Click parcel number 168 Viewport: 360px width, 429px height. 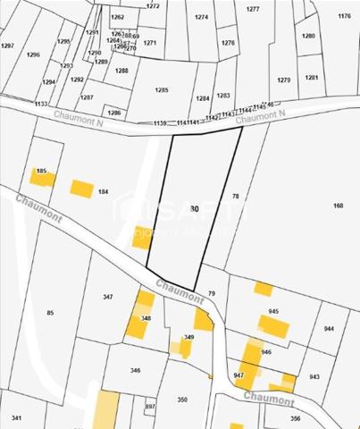[338, 206]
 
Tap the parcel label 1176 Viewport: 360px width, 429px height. [344, 17]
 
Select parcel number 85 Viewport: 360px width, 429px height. [50, 312]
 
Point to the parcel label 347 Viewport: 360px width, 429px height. [108, 297]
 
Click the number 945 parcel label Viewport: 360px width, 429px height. [273, 311]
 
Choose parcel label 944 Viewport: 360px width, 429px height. [329, 329]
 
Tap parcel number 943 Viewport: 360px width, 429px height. [314, 376]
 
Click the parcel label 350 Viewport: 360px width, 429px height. [182, 400]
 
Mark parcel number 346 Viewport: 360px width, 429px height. [135, 370]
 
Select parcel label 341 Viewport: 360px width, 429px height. [16, 417]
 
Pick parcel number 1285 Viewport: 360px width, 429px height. [162, 90]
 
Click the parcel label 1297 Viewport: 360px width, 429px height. [8, 45]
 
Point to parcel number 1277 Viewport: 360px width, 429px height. [253, 9]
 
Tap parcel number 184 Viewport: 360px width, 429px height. [103, 192]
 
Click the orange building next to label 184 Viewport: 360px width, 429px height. [82, 188]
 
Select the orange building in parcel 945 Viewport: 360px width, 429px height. [272, 325]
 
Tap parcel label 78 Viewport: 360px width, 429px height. [236, 196]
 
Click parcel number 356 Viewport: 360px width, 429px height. [295, 417]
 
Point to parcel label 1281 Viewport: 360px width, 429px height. [311, 78]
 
